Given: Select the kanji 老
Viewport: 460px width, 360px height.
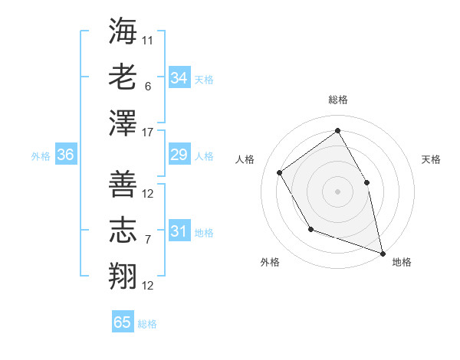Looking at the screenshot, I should [x=123, y=77].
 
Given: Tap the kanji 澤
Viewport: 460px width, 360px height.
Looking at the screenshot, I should [x=123, y=123].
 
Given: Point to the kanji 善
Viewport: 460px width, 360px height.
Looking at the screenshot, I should [x=123, y=184].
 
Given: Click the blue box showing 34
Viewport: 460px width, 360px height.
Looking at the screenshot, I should [x=179, y=77].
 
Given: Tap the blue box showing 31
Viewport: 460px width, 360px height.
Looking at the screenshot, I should [x=179, y=231].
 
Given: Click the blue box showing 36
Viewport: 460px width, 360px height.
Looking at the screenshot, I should [x=65, y=155].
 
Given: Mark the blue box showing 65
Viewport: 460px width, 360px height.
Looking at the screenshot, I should [x=123, y=322].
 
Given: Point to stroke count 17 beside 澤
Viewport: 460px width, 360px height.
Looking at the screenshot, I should [x=149, y=133].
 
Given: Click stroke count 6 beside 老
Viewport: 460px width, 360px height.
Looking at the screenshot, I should [x=148, y=86].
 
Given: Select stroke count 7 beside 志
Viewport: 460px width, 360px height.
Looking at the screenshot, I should [x=148, y=240].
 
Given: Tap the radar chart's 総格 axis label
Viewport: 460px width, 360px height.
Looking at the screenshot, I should [x=337, y=100].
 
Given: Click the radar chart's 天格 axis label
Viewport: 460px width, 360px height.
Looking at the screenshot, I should [x=431, y=159].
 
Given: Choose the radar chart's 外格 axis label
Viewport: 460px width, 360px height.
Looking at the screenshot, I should [x=270, y=262].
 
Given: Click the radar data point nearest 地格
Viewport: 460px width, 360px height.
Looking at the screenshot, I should [x=382, y=252].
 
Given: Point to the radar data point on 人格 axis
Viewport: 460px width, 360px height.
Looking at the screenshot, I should [x=279, y=172].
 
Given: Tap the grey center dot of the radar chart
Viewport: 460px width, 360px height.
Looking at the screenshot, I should [x=337, y=191].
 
